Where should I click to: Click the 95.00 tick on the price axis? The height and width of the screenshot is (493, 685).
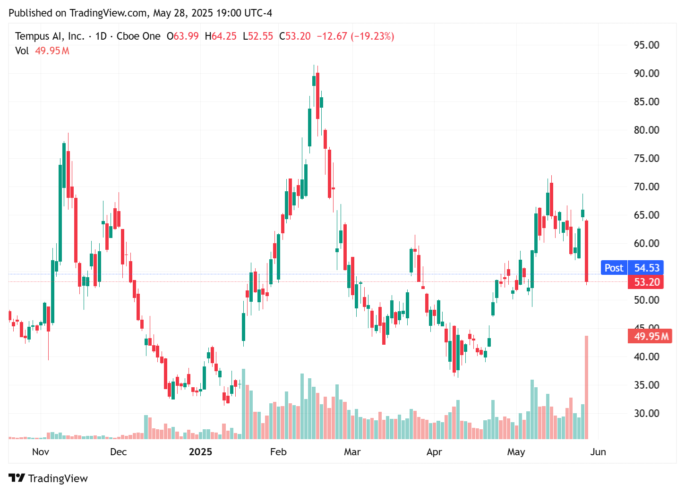coord(646,45)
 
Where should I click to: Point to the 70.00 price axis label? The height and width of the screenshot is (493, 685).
coord(646,187)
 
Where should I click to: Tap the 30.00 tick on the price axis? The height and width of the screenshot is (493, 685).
coord(646,413)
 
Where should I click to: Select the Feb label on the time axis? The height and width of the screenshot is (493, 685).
coord(278,452)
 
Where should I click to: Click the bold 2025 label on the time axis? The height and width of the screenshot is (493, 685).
coord(200,452)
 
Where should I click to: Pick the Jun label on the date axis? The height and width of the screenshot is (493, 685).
coord(598,452)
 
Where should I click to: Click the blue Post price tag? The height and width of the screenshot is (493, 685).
coord(614,268)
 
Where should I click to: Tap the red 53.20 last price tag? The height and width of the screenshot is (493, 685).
coord(646,282)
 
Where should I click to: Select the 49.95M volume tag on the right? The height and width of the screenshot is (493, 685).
coord(651,336)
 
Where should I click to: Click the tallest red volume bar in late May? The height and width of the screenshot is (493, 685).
coord(586,387)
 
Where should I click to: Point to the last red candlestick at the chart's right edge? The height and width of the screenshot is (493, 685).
coord(586,250)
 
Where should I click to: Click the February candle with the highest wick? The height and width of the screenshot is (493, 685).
coord(314,80)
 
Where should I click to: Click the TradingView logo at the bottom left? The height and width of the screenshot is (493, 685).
coord(48,478)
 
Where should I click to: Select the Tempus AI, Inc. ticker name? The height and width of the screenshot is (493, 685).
coord(50,36)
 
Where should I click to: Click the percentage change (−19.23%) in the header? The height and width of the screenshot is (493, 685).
coord(372,36)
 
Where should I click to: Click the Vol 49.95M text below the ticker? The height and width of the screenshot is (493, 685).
coord(42,51)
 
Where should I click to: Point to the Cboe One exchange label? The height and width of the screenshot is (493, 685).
coord(138,36)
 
